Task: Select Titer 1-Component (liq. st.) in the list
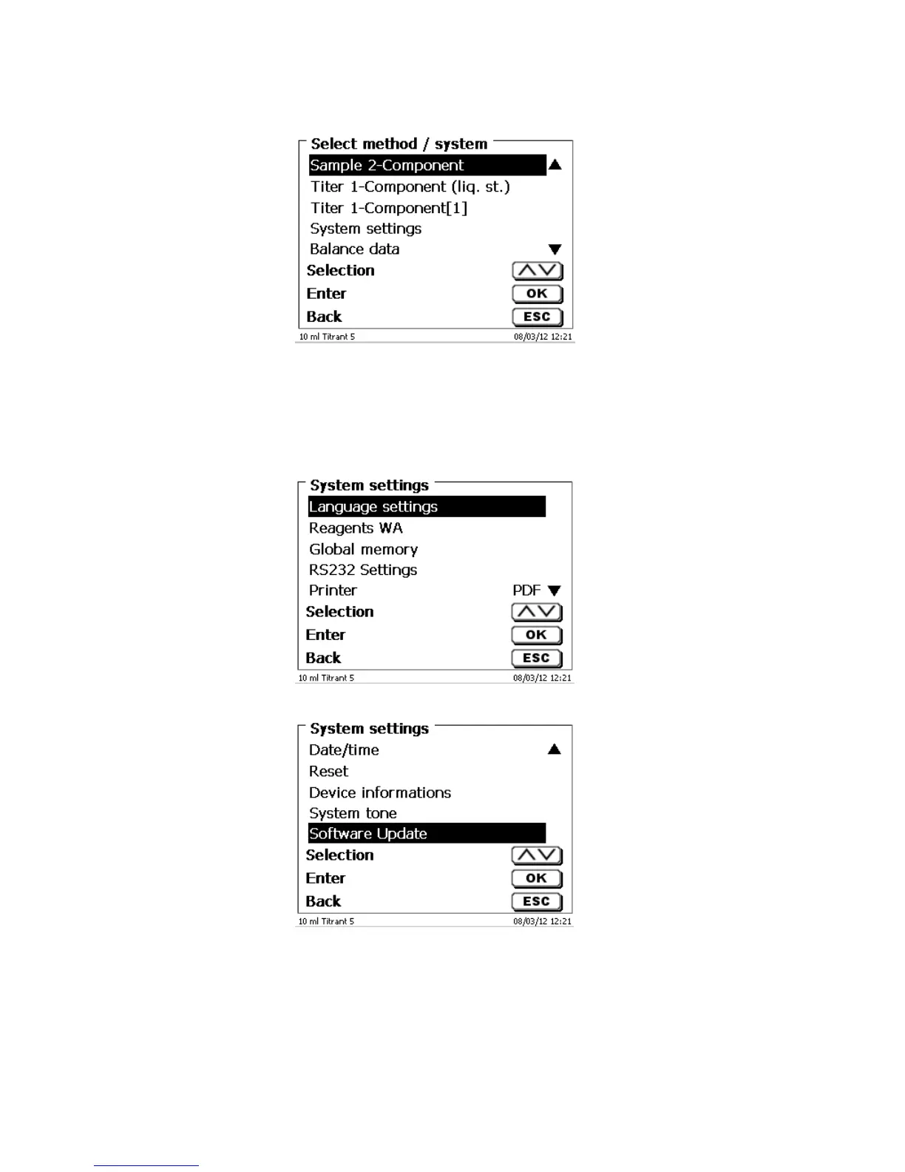[x=410, y=186]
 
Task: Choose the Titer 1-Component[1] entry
[x=388, y=208]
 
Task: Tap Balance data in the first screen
[x=354, y=249]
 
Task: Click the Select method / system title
[x=399, y=144]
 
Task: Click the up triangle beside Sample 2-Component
[x=555, y=165]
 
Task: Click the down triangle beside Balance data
[x=555, y=249]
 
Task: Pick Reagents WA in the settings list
[x=356, y=528]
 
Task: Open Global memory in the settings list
[x=363, y=549]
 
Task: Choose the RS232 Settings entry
[x=363, y=570]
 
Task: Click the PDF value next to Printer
[x=526, y=590]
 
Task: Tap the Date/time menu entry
[x=344, y=750]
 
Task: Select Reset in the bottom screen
[x=328, y=771]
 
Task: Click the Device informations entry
[x=379, y=792]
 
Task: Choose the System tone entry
[x=353, y=813]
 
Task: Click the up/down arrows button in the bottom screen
[x=537, y=856]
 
